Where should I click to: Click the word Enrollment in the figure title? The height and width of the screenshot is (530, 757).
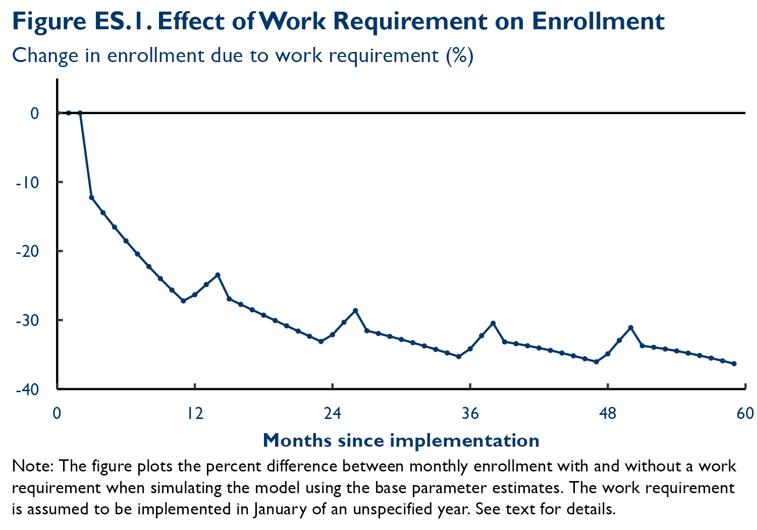point(598,21)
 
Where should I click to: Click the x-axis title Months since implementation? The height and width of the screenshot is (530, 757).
point(401,441)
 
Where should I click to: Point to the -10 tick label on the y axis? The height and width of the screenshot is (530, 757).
point(27,182)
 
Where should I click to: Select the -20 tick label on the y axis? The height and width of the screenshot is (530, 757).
point(27,251)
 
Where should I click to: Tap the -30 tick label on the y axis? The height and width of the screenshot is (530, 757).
point(27,320)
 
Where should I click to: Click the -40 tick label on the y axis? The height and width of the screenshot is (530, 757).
point(27,389)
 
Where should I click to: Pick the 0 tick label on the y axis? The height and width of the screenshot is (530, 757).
point(34,113)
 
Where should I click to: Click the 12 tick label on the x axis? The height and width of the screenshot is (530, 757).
point(194,414)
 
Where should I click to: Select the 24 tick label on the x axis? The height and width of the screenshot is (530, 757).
point(332,414)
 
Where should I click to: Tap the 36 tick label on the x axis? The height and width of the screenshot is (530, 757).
point(470,414)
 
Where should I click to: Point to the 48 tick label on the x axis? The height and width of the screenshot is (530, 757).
point(608,414)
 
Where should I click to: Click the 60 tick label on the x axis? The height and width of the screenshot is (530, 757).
point(745,414)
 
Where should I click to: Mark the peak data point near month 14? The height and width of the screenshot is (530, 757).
point(218,275)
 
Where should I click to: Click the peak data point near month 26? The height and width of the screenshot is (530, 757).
point(355,310)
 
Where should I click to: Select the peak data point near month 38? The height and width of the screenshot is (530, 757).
point(493,323)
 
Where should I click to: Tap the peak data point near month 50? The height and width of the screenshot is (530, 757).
point(631,328)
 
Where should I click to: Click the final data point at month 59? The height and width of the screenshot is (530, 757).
point(734,363)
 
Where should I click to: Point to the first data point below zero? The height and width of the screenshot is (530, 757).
point(91,197)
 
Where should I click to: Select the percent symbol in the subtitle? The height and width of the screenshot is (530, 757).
point(459,56)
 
